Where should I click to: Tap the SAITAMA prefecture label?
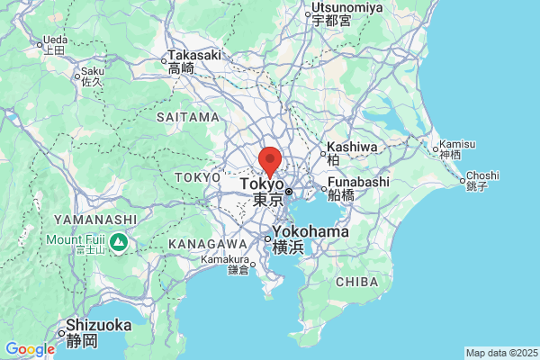[x=187, y=117]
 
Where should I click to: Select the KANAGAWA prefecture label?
[x=208, y=244]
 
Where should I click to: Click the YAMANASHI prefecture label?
[x=95, y=220]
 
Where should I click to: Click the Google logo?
[x=30, y=349]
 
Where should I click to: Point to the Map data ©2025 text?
[x=501, y=353]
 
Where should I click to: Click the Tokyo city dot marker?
[x=289, y=191]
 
